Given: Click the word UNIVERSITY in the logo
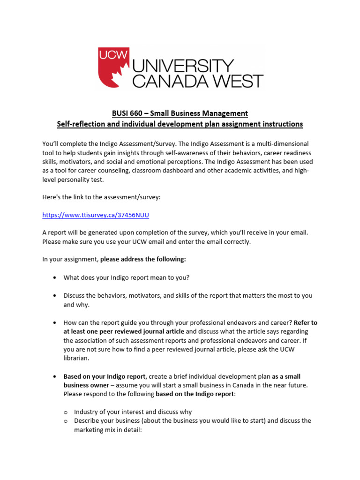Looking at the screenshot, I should tap(183, 66).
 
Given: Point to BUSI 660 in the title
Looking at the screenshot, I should tap(129, 113).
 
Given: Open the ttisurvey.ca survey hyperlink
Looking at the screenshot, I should tap(96, 215).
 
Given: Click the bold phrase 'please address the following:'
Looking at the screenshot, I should tap(143, 259).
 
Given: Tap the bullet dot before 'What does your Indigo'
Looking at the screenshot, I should tap(55, 277).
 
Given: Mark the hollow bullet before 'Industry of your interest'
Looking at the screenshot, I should tap(66, 412).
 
